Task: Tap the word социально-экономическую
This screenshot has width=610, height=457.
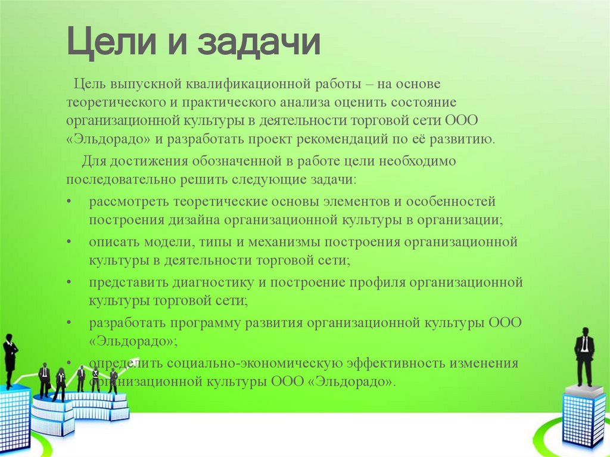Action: click(x=253, y=363)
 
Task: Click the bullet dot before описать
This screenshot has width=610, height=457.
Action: click(x=70, y=242)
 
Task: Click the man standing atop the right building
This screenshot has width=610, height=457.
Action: click(x=584, y=357)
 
